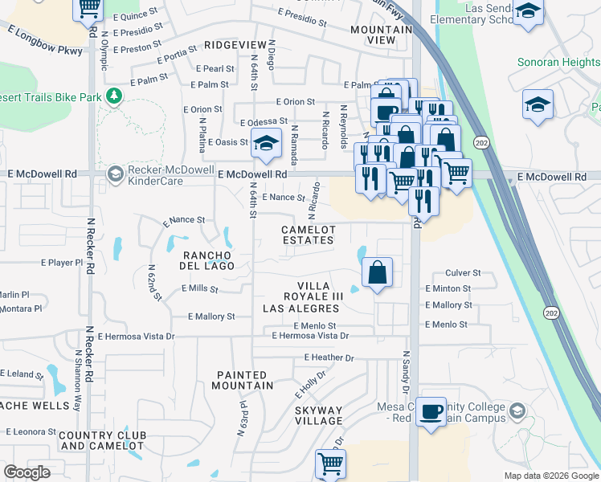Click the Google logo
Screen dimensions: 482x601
point(27,472)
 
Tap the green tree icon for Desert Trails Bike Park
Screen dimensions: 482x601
point(114,96)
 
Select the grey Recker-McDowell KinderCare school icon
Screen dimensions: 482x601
point(115,174)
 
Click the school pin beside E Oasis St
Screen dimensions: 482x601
point(267,144)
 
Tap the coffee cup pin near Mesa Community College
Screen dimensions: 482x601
point(431,411)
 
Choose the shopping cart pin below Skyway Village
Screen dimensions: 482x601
point(330,464)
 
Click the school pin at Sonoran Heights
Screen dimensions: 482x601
point(538,104)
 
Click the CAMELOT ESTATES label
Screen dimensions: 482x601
point(308,235)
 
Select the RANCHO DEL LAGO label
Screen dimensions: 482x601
point(206,259)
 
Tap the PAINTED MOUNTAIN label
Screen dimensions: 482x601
point(241,380)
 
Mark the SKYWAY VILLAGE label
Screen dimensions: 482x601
point(318,415)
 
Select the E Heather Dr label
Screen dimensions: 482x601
point(329,357)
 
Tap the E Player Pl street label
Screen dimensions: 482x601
point(62,263)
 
